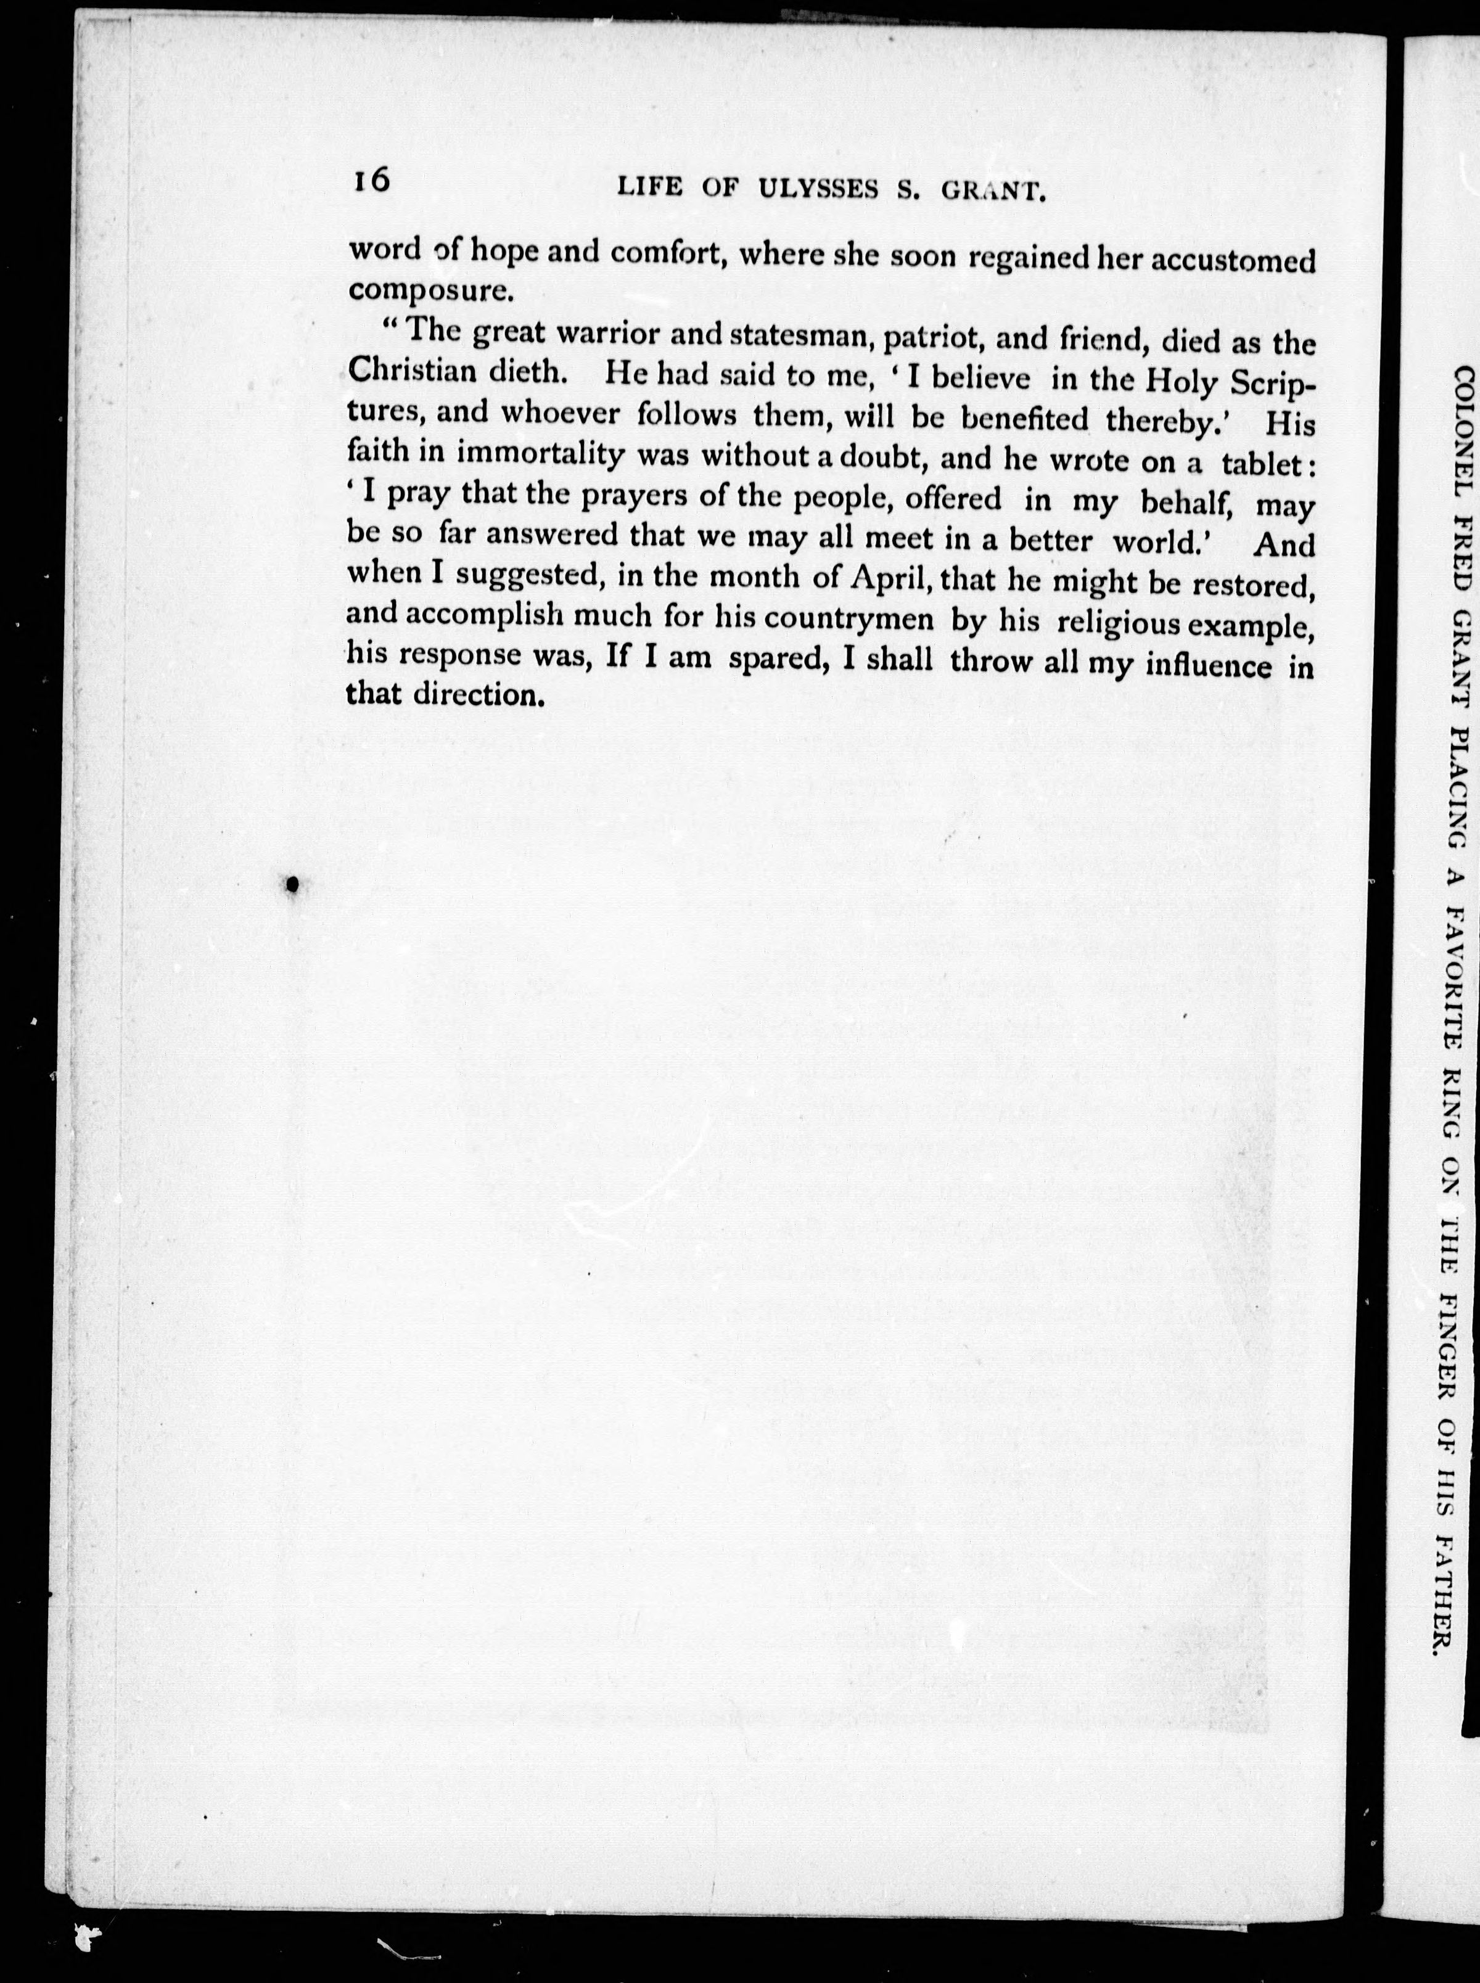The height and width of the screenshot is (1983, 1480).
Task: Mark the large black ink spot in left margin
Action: (290, 884)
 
